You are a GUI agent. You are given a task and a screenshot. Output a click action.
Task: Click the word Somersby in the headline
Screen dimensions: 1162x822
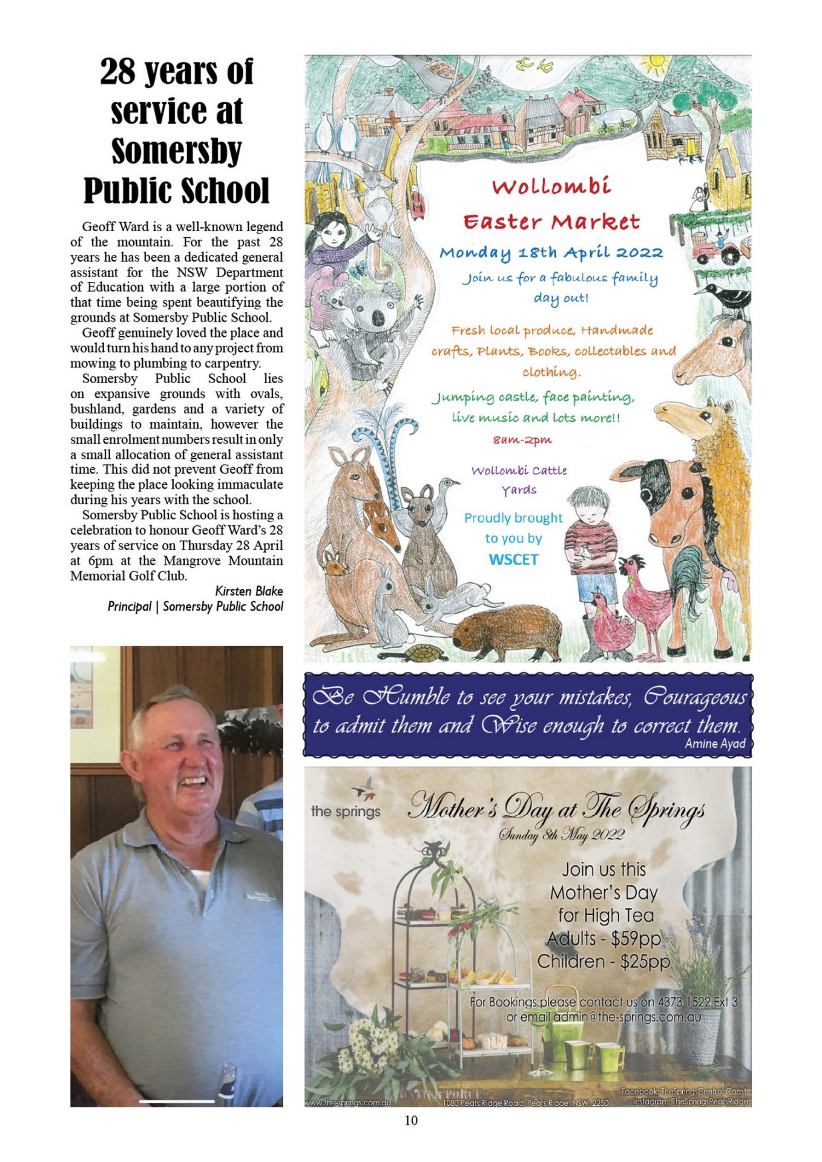click(x=176, y=151)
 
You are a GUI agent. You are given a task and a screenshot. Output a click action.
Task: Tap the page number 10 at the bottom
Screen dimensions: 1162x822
click(x=411, y=1120)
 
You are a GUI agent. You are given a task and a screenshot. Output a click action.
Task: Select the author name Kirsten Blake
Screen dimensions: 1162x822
click(x=249, y=591)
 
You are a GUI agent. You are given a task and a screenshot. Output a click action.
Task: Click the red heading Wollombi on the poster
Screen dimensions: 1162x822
click(x=551, y=186)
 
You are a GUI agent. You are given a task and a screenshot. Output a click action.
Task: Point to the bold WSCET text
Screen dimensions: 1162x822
click(x=513, y=559)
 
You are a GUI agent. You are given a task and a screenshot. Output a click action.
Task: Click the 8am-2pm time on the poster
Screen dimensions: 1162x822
click(x=522, y=440)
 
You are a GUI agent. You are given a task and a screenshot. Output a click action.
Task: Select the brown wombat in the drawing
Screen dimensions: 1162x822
click(x=505, y=632)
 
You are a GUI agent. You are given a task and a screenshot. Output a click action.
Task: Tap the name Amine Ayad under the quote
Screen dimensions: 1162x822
click(x=714, y=743)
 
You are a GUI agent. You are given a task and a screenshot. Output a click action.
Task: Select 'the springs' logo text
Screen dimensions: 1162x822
click(x=346, y=811)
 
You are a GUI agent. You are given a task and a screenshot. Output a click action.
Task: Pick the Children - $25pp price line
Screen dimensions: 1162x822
click(x=603, y=962)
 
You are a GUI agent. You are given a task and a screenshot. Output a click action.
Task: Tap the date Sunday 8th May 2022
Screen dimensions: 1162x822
click(x=561, y=835)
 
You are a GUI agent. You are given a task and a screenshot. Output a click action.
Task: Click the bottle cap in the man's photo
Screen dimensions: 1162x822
click(x=227, y=1071)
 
